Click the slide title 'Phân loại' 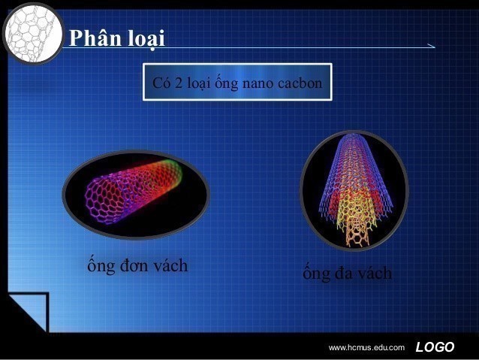point(116,38)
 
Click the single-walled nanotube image point(135,195)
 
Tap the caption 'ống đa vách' point(347,274)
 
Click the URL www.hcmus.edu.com point(366,347)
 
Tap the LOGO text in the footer point(435,346)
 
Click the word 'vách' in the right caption point(375,274)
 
